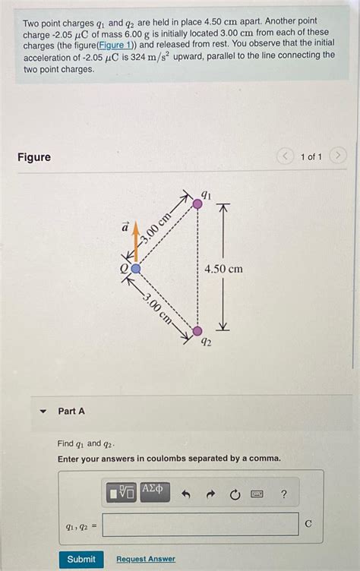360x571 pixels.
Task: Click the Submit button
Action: (81, 559)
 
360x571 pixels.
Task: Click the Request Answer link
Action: (146, 559)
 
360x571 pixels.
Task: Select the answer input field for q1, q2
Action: (201, 524)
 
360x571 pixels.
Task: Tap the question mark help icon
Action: (283, 495)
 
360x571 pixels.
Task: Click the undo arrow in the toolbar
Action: (185, 495)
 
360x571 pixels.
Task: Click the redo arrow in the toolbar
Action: (210, 495)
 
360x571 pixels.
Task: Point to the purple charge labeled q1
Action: (197, 203)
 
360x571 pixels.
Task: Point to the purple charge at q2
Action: (197, 330)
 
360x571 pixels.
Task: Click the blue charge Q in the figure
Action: (135, 268)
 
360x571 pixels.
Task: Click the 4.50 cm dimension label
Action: (223, 269)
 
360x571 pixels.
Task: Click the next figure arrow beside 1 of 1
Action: (339, 156)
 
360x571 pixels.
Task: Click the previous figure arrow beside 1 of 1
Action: (285, 156)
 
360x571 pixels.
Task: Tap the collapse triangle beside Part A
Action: (43, 411)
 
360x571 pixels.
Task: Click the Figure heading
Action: (34, 157)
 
